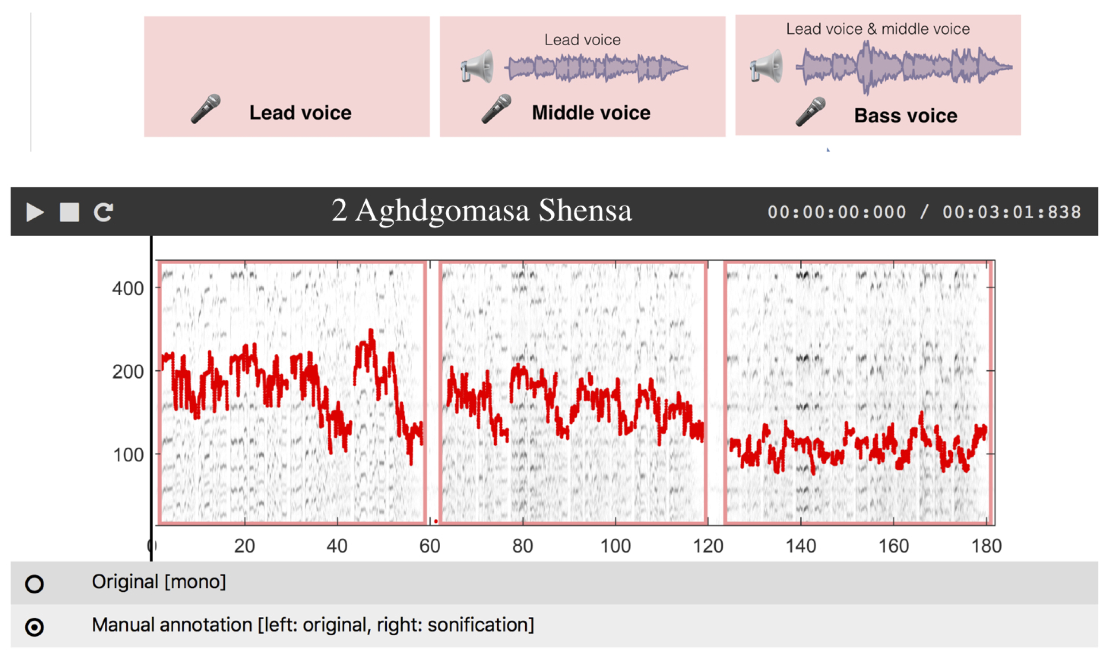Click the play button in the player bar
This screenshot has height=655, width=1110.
(35, 212)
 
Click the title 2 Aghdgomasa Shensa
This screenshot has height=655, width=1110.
(481, 211)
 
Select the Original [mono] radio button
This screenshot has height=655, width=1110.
(34, 584)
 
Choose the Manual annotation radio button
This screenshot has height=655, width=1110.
(34, 627)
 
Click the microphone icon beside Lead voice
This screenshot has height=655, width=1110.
(206, 109)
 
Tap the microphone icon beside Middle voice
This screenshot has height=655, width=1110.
(496, 109)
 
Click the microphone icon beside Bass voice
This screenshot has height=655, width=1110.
(811, 112)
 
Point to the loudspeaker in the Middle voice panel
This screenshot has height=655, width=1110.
(477, 66)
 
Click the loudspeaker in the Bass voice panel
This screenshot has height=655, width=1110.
(766, 66)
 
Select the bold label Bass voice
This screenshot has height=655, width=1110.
(905, 116)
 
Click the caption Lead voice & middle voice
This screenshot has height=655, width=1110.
(878, 29)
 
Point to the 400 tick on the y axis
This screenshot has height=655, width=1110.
(128, 289)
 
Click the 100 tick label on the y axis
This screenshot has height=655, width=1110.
(128, 455)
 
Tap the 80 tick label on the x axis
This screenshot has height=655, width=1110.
(522, 546)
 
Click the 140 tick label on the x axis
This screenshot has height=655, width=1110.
(800, 546)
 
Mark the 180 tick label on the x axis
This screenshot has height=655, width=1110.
(986, 546)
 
